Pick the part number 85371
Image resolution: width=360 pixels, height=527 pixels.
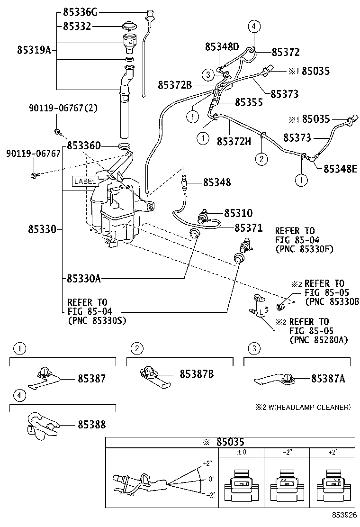[x=249, y=228]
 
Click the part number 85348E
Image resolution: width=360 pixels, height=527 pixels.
[x=341, y=168]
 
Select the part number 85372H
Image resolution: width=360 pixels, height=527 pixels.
[x=234, y=141]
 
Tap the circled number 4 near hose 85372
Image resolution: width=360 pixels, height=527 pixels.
[x=254, y=27]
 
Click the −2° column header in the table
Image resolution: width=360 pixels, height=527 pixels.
[x=287, y=453]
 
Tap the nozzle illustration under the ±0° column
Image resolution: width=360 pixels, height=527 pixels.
[x=243, y=483]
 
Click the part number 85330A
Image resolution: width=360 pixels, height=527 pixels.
[x=84, y=279]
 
